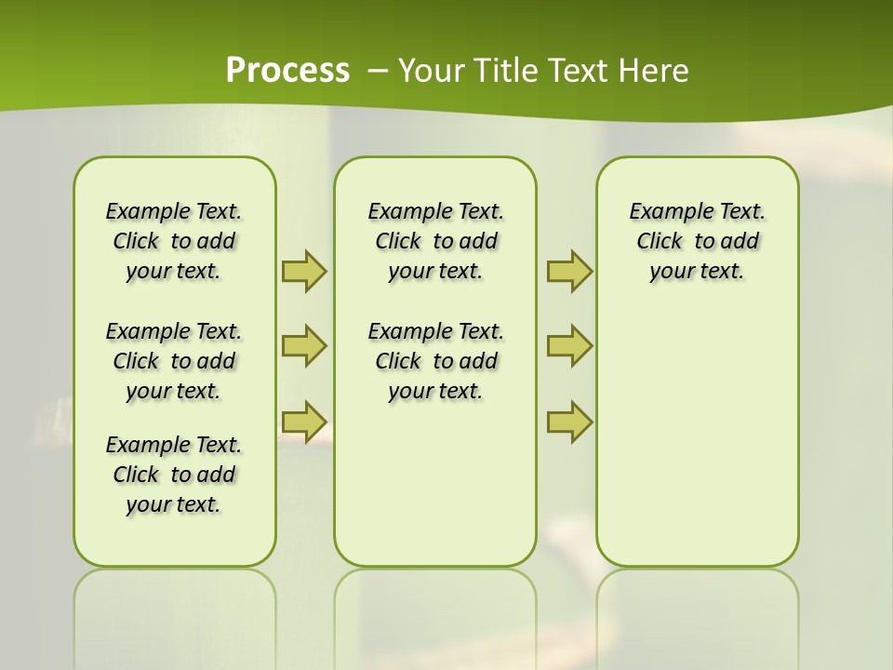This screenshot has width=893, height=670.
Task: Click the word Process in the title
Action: pyautogui.click(x=287, y=70)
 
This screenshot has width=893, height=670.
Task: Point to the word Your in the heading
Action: pyautogui.click(x=432, y=71)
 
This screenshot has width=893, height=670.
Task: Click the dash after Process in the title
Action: pyautogui.click(x=378, y=71)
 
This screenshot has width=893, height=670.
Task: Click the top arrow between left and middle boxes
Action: pyautogui.click(x=303, y=271)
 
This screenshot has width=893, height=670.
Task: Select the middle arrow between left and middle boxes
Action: pyautogui.click(x=303, y=346)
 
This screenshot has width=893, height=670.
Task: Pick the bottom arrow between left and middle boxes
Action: pyautogui.click(x=303, y=422)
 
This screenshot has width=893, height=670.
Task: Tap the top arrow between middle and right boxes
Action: pyautogui.click(x=569, y=271)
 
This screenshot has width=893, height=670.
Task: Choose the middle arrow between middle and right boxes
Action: pyautogui.click(x=569, y=346)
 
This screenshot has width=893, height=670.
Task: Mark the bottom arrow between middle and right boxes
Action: pyautogui.click(x=569, y=422)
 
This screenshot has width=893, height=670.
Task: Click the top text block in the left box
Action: pyautogui.click(x=174, y=241)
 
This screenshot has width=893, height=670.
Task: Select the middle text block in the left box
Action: pyautogui.click(x=174, y=361)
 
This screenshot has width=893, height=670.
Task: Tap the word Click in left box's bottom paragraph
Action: pyautogui.click(x=136, y=475)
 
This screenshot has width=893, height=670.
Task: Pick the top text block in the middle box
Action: pyautogui.click(x=435, y=241)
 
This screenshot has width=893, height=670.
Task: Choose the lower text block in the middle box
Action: pyautogui.click(x=435, y=361)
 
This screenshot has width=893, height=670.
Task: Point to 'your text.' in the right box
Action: pyautogui.click(x=697, y=271)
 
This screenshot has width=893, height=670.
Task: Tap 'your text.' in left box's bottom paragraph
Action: pyautogui.click(x=174, y=504)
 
